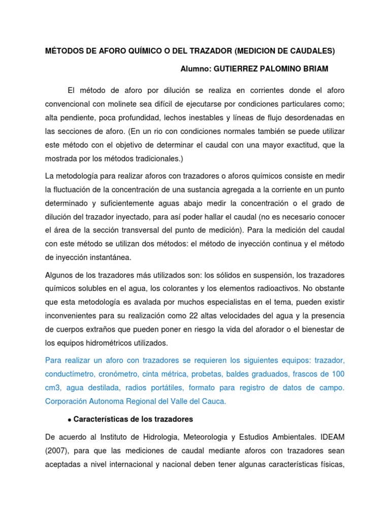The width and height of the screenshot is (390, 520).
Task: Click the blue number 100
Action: coord(338,374)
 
